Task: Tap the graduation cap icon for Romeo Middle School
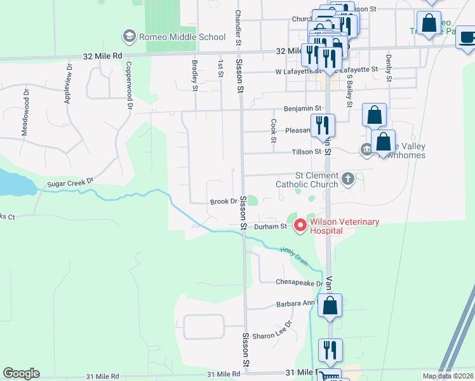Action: pos(130,36)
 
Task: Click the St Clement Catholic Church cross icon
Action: pos(347,179)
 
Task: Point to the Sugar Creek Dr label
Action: pos(70,184)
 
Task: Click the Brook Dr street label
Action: pos(223,201)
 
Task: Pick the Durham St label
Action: pos(267,226)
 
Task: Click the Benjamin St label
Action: pos(303,109)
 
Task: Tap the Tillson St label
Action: pos(307,152)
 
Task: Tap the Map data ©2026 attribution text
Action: pos(448,376)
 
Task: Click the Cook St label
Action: pos(274,130)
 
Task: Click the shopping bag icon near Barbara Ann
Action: pos(330,306)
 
